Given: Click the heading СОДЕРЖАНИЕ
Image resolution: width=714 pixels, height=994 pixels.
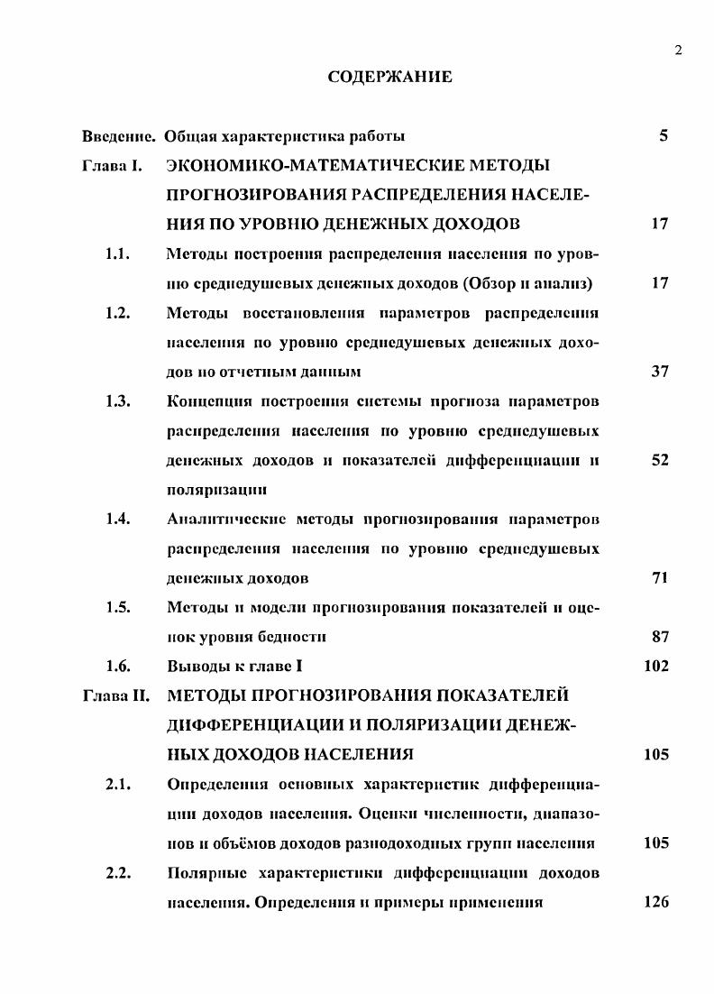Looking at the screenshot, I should coord(389,78).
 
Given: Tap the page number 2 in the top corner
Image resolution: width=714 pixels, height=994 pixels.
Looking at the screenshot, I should coord(677,50).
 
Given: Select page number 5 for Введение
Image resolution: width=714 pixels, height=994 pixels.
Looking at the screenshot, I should coord(664,136).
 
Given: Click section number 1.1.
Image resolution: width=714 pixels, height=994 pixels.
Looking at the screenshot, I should coord(119,253).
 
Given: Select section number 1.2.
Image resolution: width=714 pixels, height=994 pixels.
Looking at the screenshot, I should coord(119,312).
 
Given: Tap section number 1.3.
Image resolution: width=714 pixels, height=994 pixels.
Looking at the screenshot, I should coord(119,400).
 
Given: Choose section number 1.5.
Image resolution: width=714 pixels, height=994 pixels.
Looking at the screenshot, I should coord(119,607).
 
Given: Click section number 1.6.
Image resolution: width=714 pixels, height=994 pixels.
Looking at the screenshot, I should coord(119,667).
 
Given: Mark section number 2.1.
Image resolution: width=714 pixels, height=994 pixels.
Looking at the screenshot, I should coord(119,784).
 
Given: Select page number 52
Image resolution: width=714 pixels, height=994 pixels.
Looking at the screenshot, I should coord(659,460).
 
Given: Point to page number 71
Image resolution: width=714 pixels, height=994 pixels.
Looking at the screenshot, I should coord(659,577).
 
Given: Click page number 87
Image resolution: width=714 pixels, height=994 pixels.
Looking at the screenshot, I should coord(659,637).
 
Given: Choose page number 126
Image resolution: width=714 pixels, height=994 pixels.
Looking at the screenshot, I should coord(656,902).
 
